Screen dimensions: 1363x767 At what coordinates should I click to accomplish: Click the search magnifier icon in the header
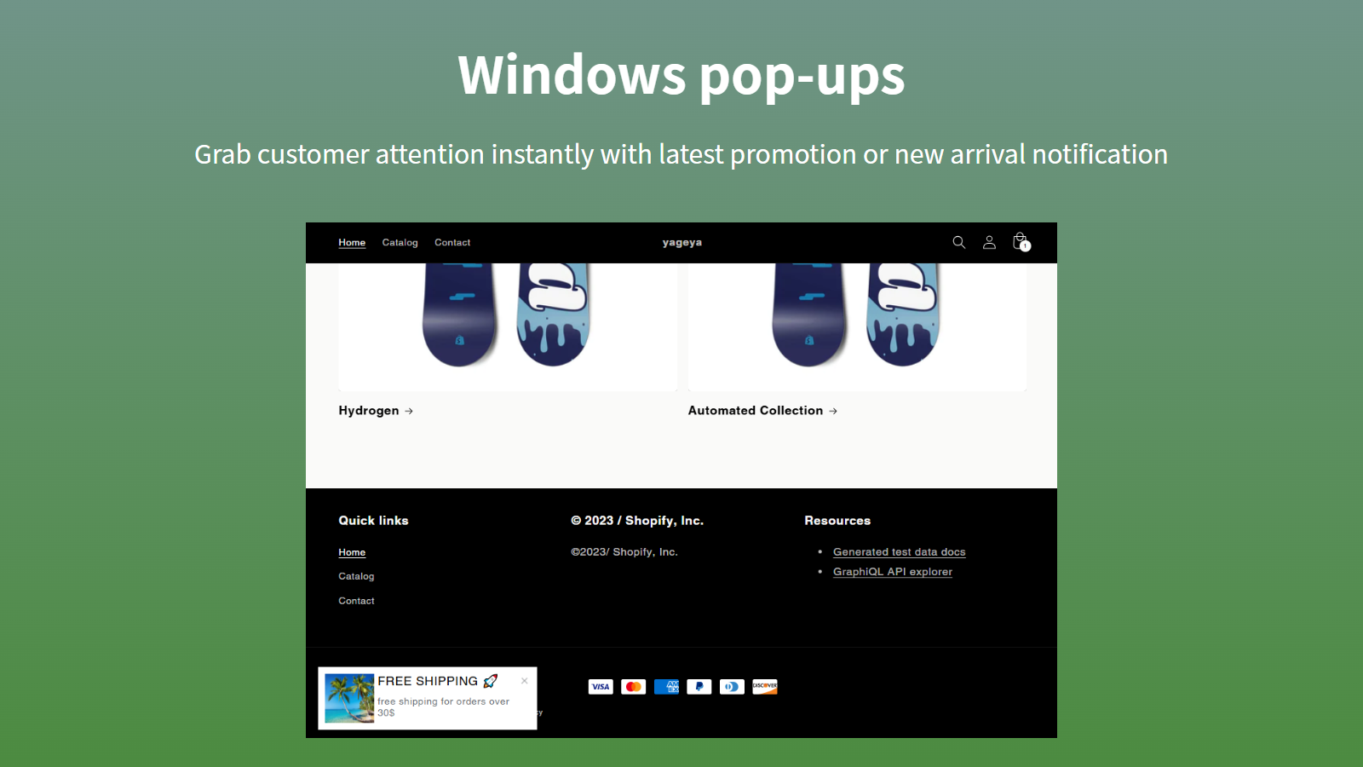pyautogui.click(x=959, y=242)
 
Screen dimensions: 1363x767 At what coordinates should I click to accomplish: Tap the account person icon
pyautogui.click(x=989, y=242)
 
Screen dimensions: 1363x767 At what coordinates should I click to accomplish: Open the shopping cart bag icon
pyautogui.click(x=1021, y=242)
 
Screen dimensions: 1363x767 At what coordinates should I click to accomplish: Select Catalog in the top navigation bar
pyautogui.click(x=400, y=242)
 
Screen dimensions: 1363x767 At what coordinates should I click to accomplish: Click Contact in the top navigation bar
pyautogui.click(x=452, y=242)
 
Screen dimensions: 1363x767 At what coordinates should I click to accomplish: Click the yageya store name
pyautogui.click(x=682, y=242)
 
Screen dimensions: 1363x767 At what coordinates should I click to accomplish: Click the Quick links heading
pyautogui.click(x=374, y=521)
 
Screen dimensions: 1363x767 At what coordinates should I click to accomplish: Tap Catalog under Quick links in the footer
pyautogui.click(x=356, y=576)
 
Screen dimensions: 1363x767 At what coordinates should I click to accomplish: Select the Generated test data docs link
pyautogui.click(x=900, y=552)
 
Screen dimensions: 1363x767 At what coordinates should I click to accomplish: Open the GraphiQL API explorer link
pyautogui.click(x=893, y=572)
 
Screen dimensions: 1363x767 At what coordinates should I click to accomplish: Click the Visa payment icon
pyautogui.click(x=601, y=687)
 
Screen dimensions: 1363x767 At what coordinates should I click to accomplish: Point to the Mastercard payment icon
pyautogui.click(x=634, y=687)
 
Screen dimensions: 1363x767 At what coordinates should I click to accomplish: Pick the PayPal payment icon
pyautogui.click(x=699, y=687)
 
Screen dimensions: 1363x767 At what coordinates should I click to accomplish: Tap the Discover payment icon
pyautogui.click(x=765, y=687)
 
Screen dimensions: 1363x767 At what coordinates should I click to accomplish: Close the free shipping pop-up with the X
pyautogui.click(x=525, y=681)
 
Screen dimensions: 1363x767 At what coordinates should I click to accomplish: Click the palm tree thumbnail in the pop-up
pyautogui.click(x=349, y=698)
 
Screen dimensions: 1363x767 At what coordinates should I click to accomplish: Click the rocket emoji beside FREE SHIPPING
pyautogui.click(x=491, y=681)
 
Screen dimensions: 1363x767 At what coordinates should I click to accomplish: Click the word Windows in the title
pyautogui.click(x=572, y=75)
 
